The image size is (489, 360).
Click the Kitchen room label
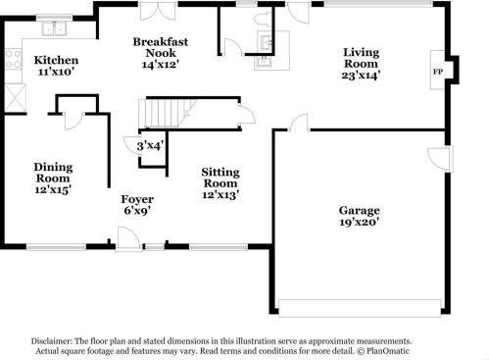tap(56, 60)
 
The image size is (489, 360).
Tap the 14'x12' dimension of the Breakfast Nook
tap(161, 65)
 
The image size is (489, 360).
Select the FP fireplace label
tap(438, 72)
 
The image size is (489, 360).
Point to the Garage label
tap(359, 211)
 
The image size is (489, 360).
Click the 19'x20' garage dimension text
tap(359, 223)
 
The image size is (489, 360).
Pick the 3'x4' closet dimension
tap(150, 145)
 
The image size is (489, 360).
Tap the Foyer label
tap(137, 199)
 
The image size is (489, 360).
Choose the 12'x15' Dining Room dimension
tap(53, 189)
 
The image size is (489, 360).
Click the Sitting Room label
tap(220, 178)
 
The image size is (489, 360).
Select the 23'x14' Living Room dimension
tap(361, 76)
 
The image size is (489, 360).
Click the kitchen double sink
tap(54, 28)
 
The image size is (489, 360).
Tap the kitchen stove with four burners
tap(14, 59)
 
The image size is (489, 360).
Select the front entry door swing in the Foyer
tap(128, 238)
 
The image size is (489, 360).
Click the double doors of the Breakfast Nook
tap(158, 12)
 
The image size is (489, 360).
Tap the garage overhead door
tap(360, 308)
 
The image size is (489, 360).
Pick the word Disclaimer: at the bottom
tap(52, 341)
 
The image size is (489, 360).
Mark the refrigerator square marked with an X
tap(16, 97)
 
